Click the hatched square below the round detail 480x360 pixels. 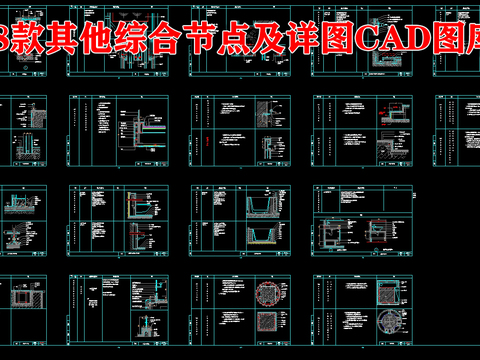point(272,330)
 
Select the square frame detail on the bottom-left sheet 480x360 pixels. point(21,300)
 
